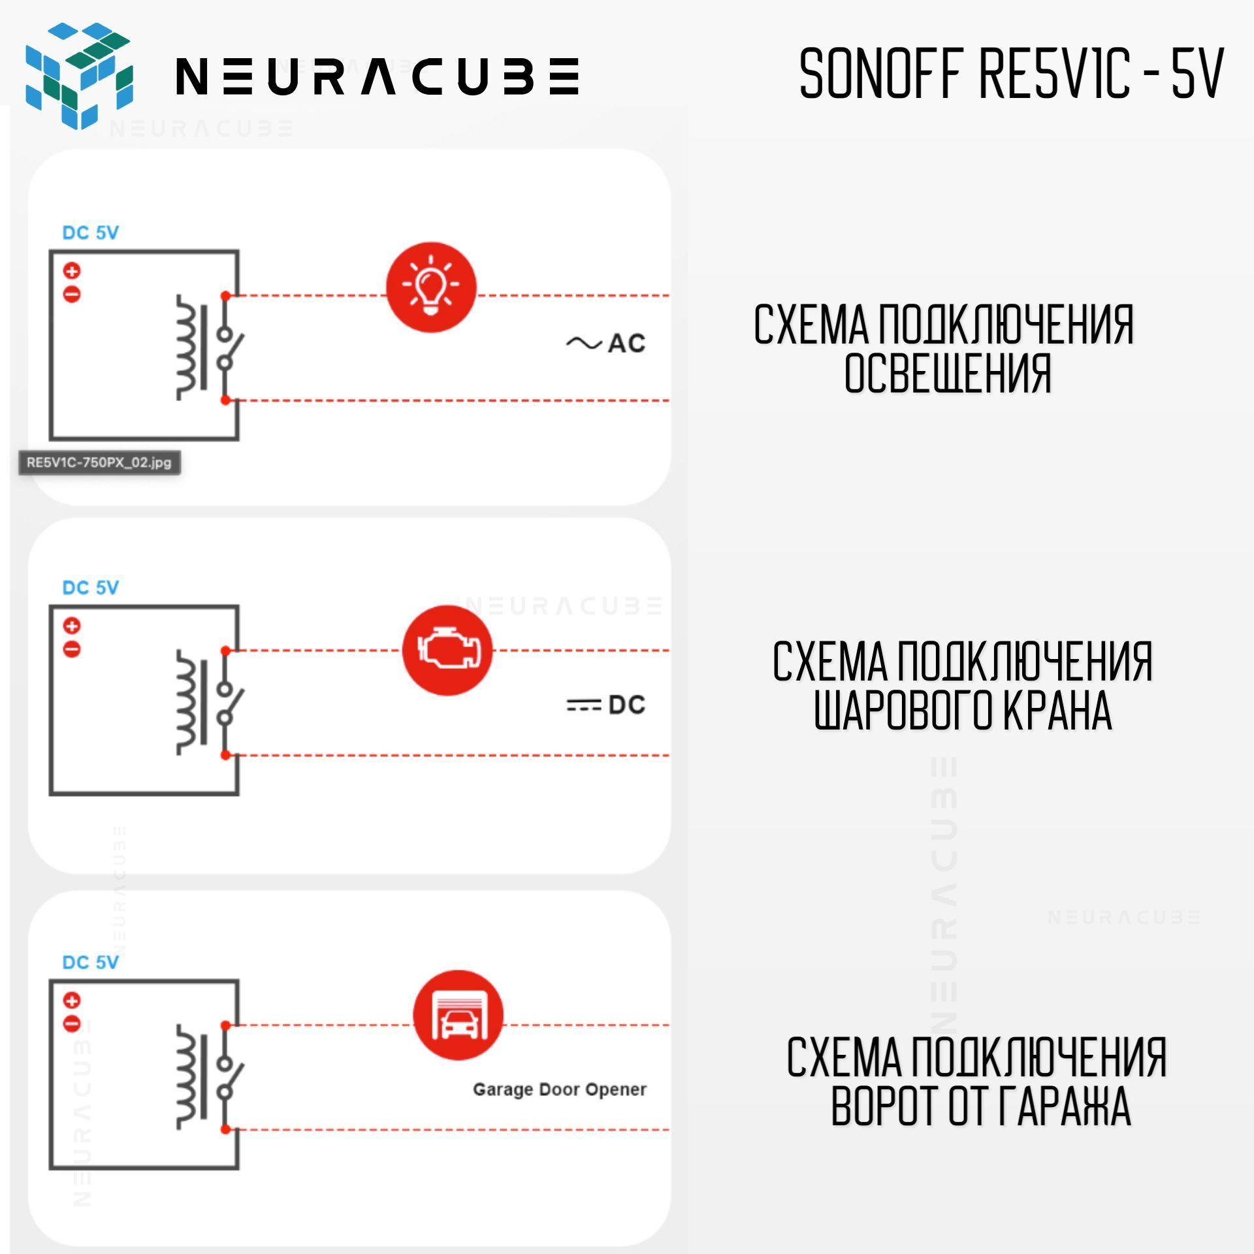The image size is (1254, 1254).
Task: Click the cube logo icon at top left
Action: (x=79, y=76)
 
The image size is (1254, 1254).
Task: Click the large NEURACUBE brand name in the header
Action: (x=378, y=76)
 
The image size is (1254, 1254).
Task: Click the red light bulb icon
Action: (x=431, y=287)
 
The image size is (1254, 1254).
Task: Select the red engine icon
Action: (x=447, y=650)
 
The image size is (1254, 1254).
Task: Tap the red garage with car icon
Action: (x=458, y=1015)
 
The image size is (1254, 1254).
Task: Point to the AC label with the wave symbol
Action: (x=605, y=343)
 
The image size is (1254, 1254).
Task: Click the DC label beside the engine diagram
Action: (x=605, y=705)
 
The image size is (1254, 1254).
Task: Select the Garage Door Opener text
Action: (x=560, y=1089)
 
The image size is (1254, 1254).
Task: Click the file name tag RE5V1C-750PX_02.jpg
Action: (x=99, y=462)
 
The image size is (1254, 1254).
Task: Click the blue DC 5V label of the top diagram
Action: (x=90, y=233)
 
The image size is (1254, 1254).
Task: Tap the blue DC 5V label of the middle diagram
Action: (x=90, y=588)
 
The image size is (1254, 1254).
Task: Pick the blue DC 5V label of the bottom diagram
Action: (x=90, y=962)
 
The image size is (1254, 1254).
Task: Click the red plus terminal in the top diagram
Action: (x=72, y=270)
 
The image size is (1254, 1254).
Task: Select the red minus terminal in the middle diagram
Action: (x=72, y=649)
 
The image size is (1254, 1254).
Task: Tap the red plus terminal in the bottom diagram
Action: (x=72, y=1000)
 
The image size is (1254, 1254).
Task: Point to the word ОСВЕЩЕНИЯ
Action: (x=948, y=374)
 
